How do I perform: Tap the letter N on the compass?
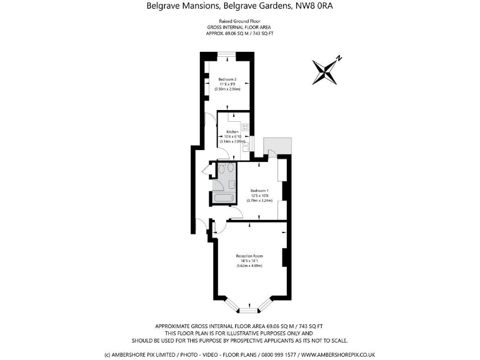click(x=339, y=59)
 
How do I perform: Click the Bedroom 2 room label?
click(x=227, y=79)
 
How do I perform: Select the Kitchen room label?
click(x=232, y=132)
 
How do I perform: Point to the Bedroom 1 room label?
click(x=259, y=190)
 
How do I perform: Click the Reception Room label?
click(x=249, y=256)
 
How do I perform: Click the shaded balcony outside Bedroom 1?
click(x=277, y=146)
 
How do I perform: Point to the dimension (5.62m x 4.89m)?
click(x=249, y=266)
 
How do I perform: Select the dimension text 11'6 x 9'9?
click(x=227, y=84)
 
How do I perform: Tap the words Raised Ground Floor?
click(x=240, y=21)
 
